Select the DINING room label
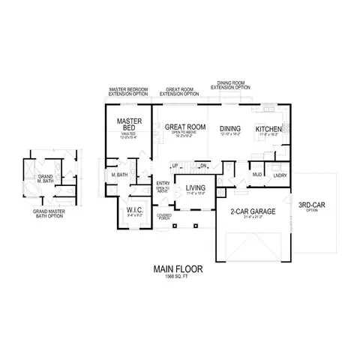tap(230, 129)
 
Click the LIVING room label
tap(196, 188)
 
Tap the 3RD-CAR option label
tap(311, 205)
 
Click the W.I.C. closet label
tap(135, 210)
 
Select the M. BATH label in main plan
tap(119, 175)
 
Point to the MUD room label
tap(256, 175)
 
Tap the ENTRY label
tap(163, 184)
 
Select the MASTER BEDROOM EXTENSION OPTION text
tap(129, 91)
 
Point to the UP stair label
tap(175, 166)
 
